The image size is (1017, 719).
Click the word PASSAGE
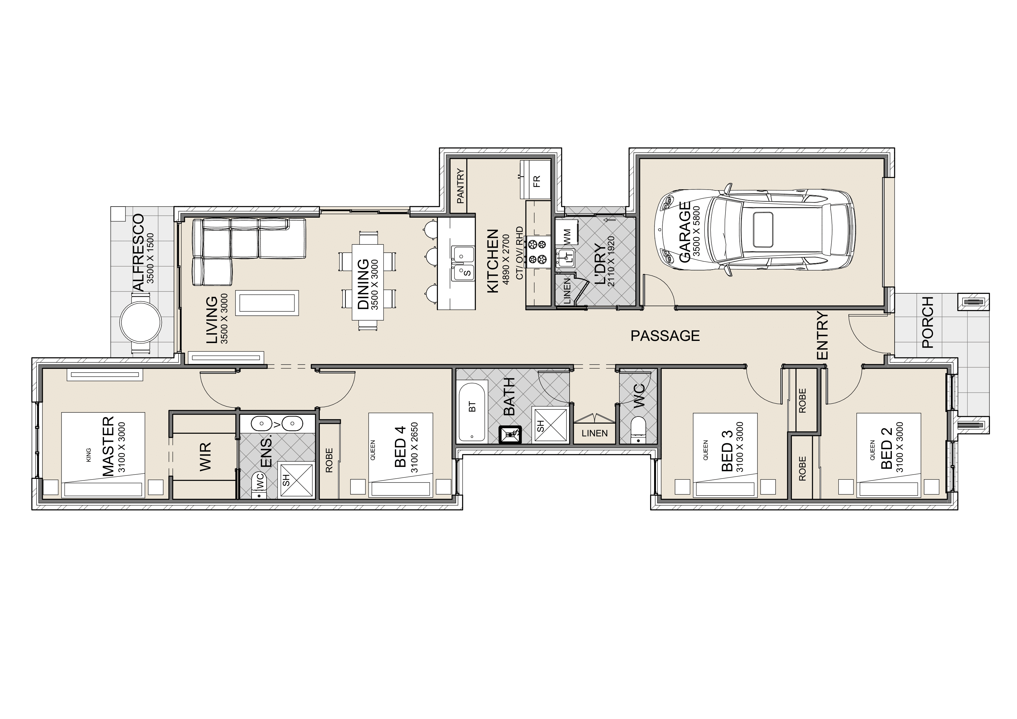[x=665, y=336]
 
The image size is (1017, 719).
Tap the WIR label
[x=205, y=456]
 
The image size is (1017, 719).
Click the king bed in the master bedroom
[x=103, y=455]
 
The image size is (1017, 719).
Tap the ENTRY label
[x=822, y=336]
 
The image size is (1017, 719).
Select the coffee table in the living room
[x=267, y=303]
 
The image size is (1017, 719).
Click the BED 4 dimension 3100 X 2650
[x=415, y=447]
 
